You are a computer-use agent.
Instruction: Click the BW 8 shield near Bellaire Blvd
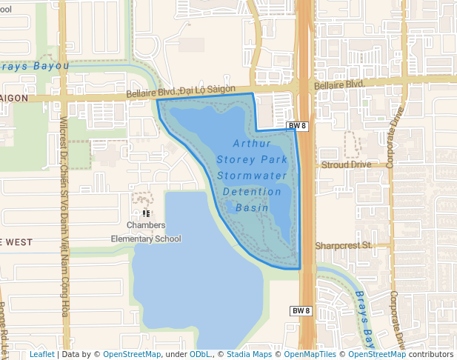[297, 127]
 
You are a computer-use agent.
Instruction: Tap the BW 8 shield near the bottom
[300, 310]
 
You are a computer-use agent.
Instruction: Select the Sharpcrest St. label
[342, 245]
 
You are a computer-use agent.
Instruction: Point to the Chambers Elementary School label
[146, 232]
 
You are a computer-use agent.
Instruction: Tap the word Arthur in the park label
[251, 143]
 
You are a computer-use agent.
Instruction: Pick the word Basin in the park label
[252, 208]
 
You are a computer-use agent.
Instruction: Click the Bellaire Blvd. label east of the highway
[340, 86]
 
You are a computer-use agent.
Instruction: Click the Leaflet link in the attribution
[41, 354]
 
